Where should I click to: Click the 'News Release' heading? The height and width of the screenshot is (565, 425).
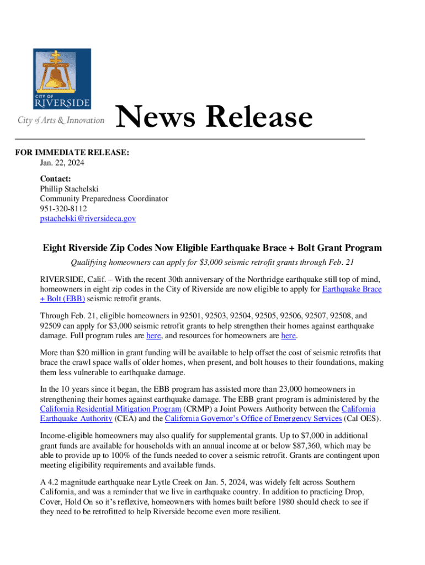pos(215,118)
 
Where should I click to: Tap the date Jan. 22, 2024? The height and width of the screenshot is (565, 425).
pos(62,163)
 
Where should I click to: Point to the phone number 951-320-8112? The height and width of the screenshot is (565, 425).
pos(63,209)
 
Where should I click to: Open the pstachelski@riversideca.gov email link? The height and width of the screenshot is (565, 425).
pos(87,218)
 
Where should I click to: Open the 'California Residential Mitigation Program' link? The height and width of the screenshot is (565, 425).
pos(110,409)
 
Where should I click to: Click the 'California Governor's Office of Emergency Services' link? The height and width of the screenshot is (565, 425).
pos(253,418)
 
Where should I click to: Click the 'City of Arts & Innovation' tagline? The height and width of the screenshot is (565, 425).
pos(61,120)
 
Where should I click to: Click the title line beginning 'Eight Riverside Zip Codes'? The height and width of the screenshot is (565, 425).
pos(212,248)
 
